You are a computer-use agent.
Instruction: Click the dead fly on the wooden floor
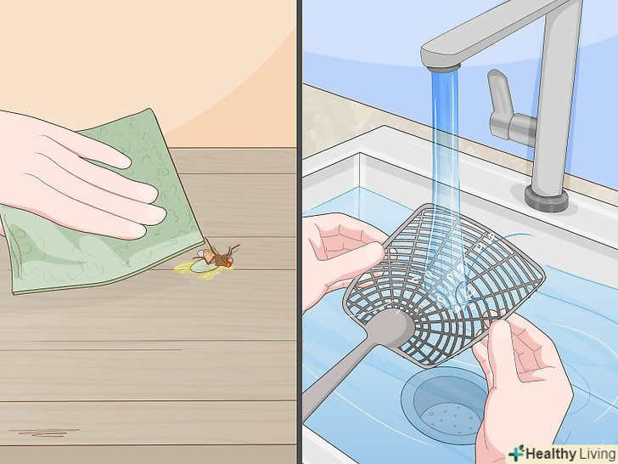(x=216, y=257)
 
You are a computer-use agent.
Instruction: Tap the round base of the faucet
(x=547, y=199)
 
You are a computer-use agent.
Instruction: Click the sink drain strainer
(x=446, y=406)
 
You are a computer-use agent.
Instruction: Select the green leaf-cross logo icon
(x=516, y=453)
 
